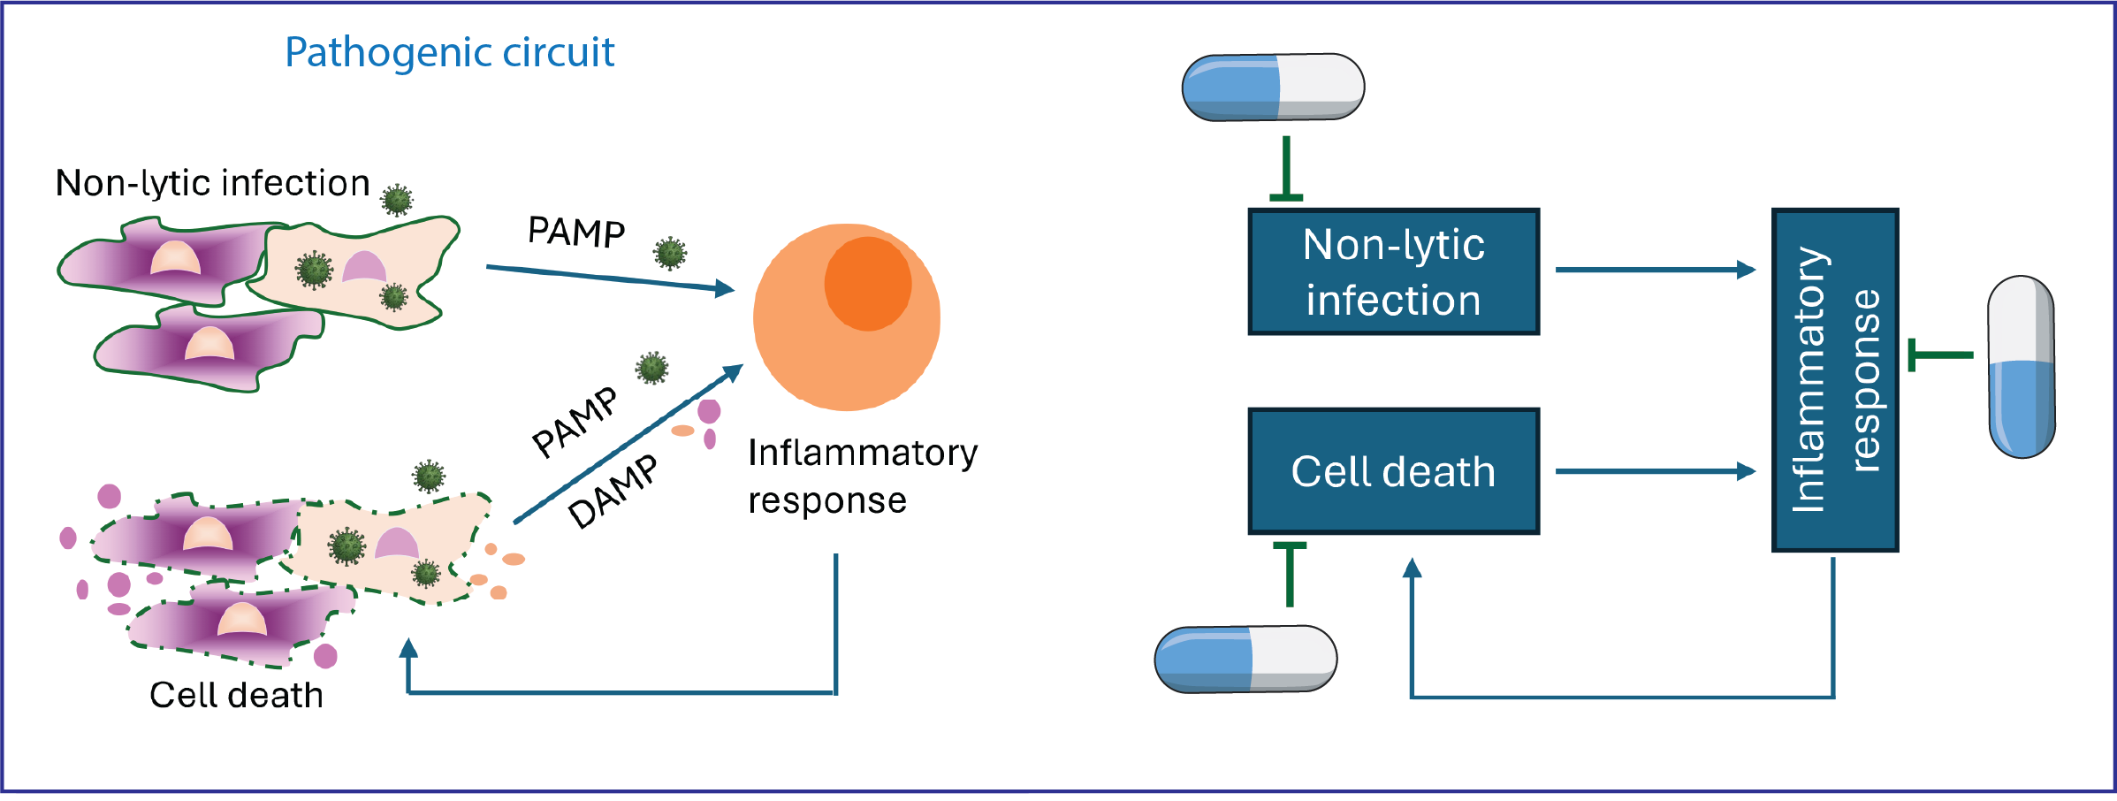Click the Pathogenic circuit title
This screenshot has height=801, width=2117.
449,53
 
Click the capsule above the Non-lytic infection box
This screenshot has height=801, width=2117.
1273,87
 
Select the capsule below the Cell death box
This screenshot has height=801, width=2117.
1245,659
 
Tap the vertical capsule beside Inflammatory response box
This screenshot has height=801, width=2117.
2021,366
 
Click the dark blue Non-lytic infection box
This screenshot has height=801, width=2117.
1394,271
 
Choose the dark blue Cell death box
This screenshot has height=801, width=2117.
1394,471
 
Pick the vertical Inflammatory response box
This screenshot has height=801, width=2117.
1835,380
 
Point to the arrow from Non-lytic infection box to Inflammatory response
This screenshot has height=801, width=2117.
1656,270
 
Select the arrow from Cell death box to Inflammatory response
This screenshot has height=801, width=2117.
1656,471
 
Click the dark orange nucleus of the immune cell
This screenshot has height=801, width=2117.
868,284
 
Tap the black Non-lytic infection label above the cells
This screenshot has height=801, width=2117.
212,184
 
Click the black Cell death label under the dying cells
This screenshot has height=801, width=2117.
236,695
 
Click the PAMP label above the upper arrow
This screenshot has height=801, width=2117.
576,232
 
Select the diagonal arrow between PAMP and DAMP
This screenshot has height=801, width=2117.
628,444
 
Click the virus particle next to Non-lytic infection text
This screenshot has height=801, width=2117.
397,200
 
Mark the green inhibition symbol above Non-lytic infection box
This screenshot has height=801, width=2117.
1286,168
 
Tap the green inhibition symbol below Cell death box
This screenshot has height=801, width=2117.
1290,575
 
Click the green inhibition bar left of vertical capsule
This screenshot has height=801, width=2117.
1940,355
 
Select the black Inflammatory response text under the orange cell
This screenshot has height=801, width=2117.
863,477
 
